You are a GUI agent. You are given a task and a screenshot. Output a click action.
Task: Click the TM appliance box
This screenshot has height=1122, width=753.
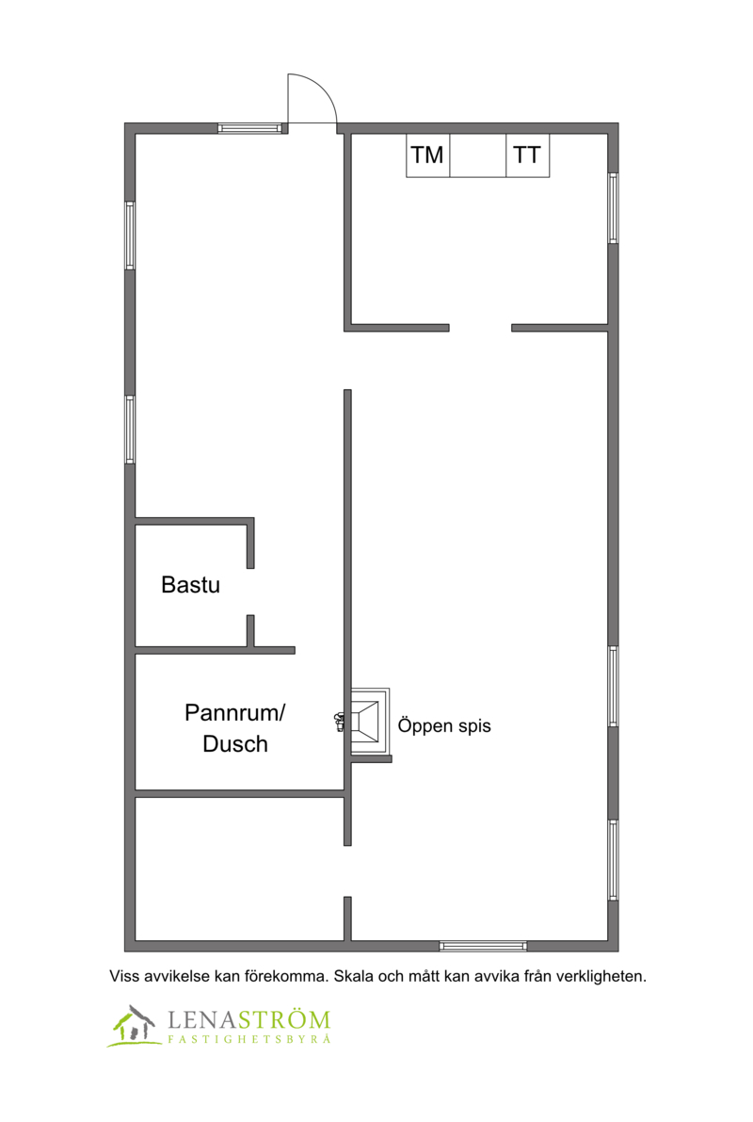pos(427,155)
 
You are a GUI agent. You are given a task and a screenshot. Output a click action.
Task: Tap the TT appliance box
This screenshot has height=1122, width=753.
pos(528,155)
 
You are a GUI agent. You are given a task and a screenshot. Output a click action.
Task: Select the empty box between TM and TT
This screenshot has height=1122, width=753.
pos(478,155)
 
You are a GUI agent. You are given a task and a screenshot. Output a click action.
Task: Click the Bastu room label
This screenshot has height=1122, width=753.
pos(190,585)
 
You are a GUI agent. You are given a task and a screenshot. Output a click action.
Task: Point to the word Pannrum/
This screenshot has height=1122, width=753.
pos(234,713)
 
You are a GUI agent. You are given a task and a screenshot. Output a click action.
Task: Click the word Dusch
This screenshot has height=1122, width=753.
pos(235,744)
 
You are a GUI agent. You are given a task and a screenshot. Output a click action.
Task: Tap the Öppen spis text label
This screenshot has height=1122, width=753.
pos(444,725)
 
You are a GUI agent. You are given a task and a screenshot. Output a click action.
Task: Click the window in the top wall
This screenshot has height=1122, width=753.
pos(249,129)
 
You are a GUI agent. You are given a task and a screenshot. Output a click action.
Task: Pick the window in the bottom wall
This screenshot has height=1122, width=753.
pos(483,946)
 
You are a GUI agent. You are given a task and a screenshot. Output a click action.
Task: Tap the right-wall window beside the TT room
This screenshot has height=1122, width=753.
pos(613,208)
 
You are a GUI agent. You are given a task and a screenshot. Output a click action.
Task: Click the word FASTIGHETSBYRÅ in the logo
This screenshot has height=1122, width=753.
pos(249,1039)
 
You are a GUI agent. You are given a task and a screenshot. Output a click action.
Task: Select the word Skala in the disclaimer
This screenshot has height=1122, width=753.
pos(353,976)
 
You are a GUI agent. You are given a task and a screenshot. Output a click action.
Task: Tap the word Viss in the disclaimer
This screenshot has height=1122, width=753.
pos(122,976)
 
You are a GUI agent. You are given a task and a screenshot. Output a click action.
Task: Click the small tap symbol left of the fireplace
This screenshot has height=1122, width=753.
pos(339,722)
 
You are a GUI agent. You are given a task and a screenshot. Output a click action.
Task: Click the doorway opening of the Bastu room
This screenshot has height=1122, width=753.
pos(250,592)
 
